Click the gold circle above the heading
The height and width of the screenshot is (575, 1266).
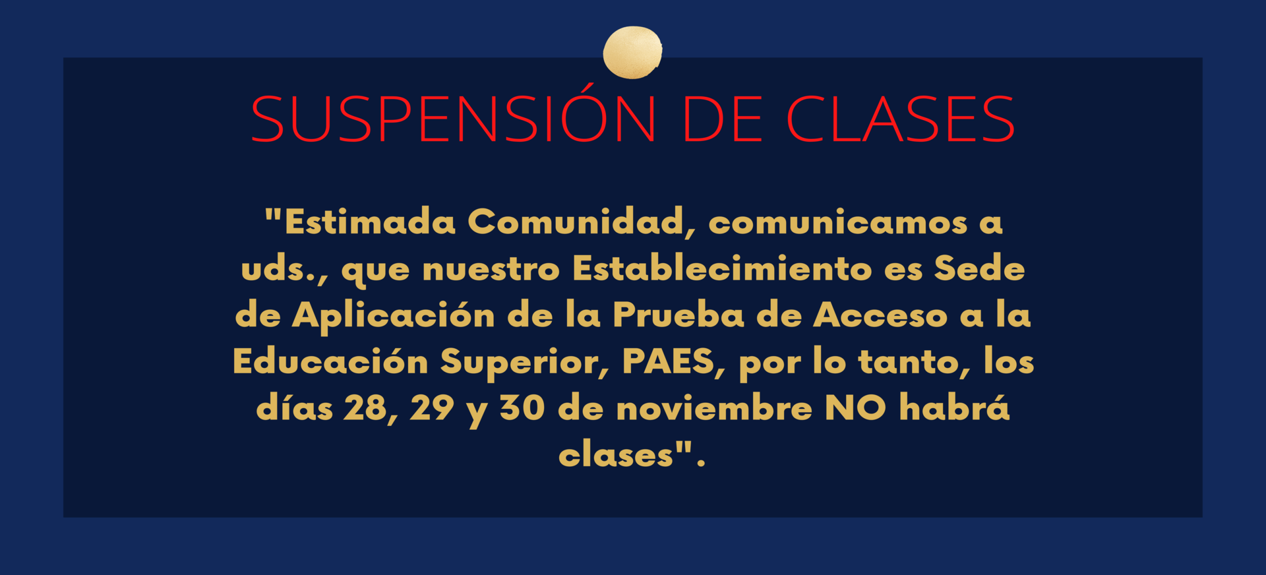click(x=632, y=52)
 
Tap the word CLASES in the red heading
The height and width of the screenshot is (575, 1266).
click(x=900, y=119)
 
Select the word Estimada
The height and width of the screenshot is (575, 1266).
click(x=369, y=222)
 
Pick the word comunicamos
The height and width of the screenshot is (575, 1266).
click(x=838, y=223)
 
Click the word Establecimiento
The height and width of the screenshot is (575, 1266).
click(x=722, y=268)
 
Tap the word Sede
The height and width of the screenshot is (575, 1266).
click(x=979, y=268)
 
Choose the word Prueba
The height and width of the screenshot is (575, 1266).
click(x=678, y=315)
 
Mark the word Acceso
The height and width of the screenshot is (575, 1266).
click(x=880, y=315)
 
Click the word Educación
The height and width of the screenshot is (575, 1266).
click(x=331, y=361)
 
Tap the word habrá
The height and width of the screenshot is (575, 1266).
click(x=955, y=407)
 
